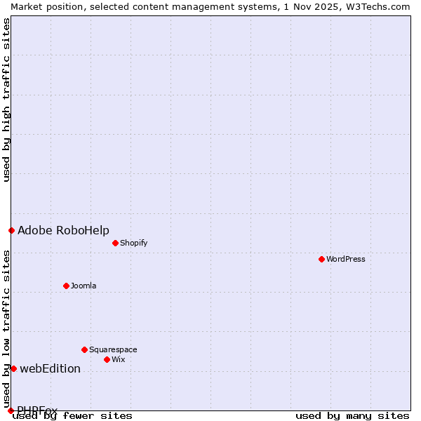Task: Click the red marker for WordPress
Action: point(322,259)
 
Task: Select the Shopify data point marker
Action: point(116,243)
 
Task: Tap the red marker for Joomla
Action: point(67,286)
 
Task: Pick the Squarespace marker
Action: point(85,349)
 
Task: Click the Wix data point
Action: point(107,359)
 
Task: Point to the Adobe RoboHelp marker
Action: point(11,230)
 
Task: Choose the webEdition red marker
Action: point(13,368)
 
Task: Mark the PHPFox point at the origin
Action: point(11,410)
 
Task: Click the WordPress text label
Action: point(346,259)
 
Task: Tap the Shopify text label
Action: point(133,243)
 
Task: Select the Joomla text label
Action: point(83,286)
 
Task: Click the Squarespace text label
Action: point(113,349)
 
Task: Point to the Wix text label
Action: point(119,359)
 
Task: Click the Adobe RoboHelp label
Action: point(63,230)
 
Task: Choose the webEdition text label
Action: point(50,368)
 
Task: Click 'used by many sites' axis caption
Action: point(352,415)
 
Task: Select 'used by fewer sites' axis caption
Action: point(73,415)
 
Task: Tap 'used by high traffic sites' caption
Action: point(6,100)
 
